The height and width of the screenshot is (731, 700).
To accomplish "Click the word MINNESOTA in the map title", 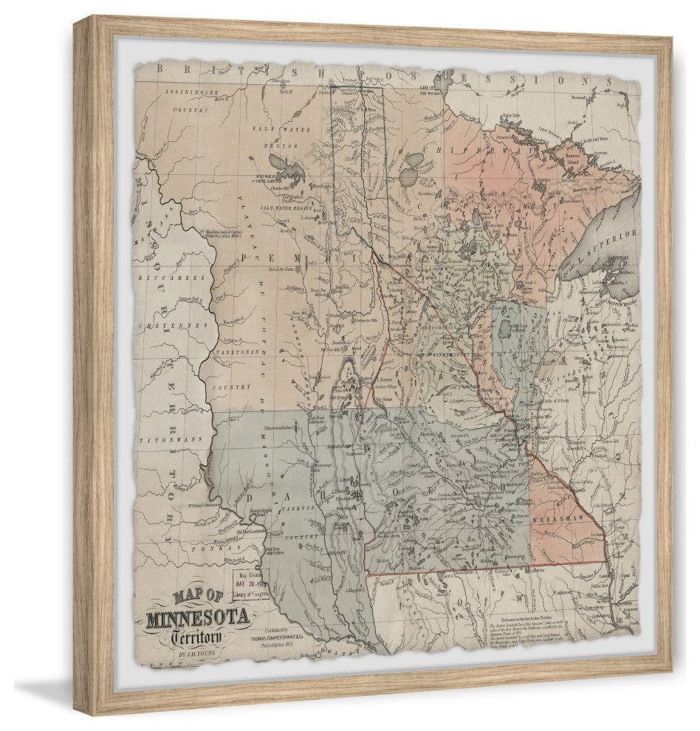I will [197, 617].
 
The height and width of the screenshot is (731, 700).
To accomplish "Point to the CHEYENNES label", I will [167, 323].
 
